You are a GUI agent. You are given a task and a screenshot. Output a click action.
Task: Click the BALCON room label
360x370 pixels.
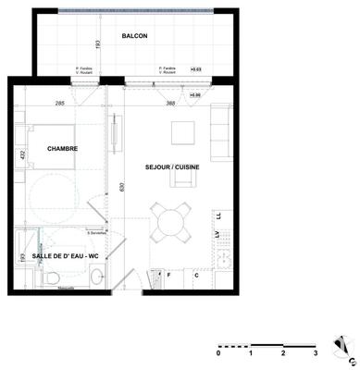click(x=134, y=36)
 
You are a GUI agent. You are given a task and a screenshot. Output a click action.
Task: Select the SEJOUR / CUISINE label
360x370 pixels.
click(x=175, y=168)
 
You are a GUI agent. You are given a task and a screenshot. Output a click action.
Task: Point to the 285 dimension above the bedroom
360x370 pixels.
click(x=60, y=104)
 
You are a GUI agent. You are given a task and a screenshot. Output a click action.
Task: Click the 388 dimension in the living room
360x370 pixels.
click(x=170, y=104)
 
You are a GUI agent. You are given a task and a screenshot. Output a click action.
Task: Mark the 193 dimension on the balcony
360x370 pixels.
click(x=97, y=43)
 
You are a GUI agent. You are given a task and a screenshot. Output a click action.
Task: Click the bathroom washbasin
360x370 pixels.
click(x=97, y=275)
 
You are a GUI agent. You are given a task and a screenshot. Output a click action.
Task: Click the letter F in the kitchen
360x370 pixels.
click(x=169, y=275)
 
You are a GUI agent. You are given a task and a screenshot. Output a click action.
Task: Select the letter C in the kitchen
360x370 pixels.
click(x=197, y=275)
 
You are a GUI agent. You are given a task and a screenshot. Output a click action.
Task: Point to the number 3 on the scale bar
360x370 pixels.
click(x=316, y=353)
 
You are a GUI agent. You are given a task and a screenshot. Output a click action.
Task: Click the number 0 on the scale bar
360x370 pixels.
click(x=218, y=353)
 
